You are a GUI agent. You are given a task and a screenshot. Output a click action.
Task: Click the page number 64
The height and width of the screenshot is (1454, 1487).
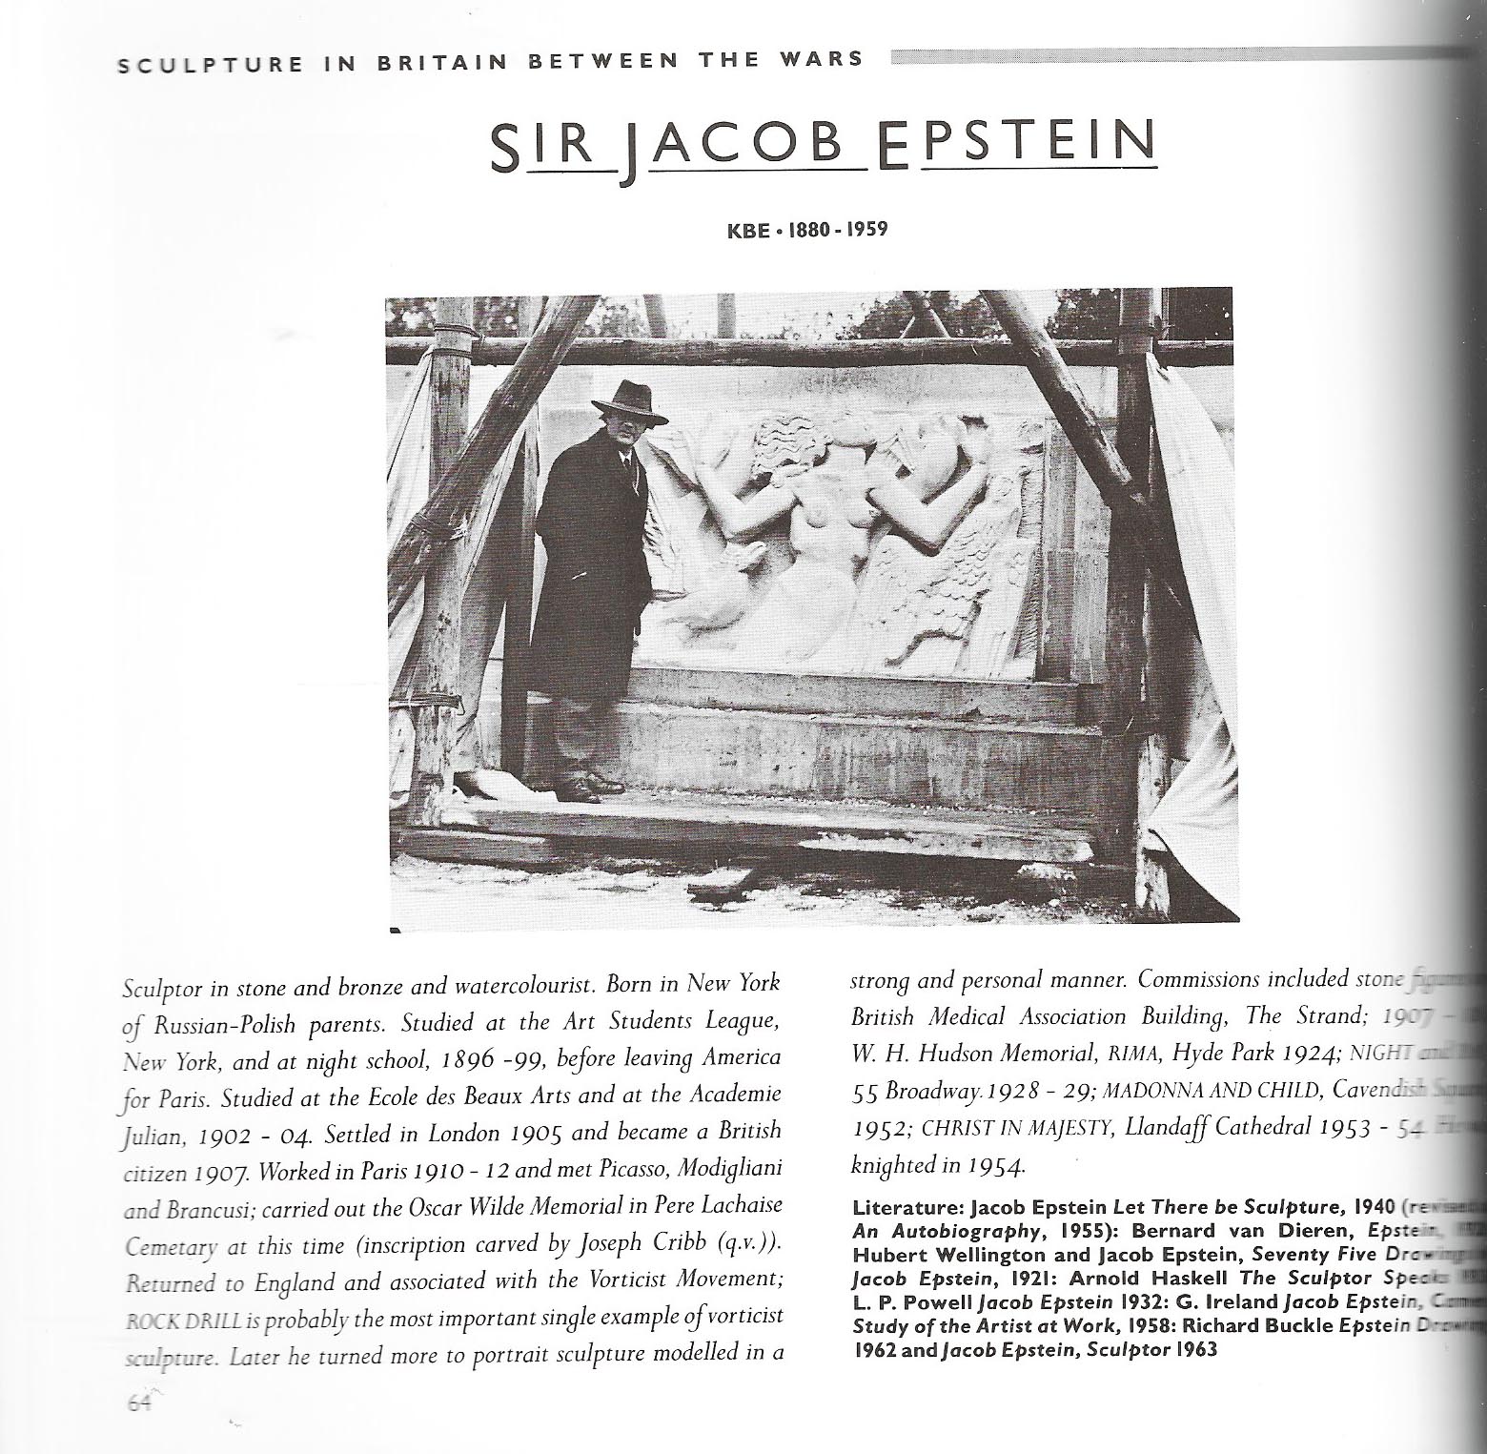tap(139, 1402)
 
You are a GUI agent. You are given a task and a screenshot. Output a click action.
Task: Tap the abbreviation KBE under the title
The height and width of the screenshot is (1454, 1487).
tap(749, 230)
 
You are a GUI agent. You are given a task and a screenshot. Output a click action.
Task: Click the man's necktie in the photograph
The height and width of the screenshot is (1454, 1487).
tap(625, 466)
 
